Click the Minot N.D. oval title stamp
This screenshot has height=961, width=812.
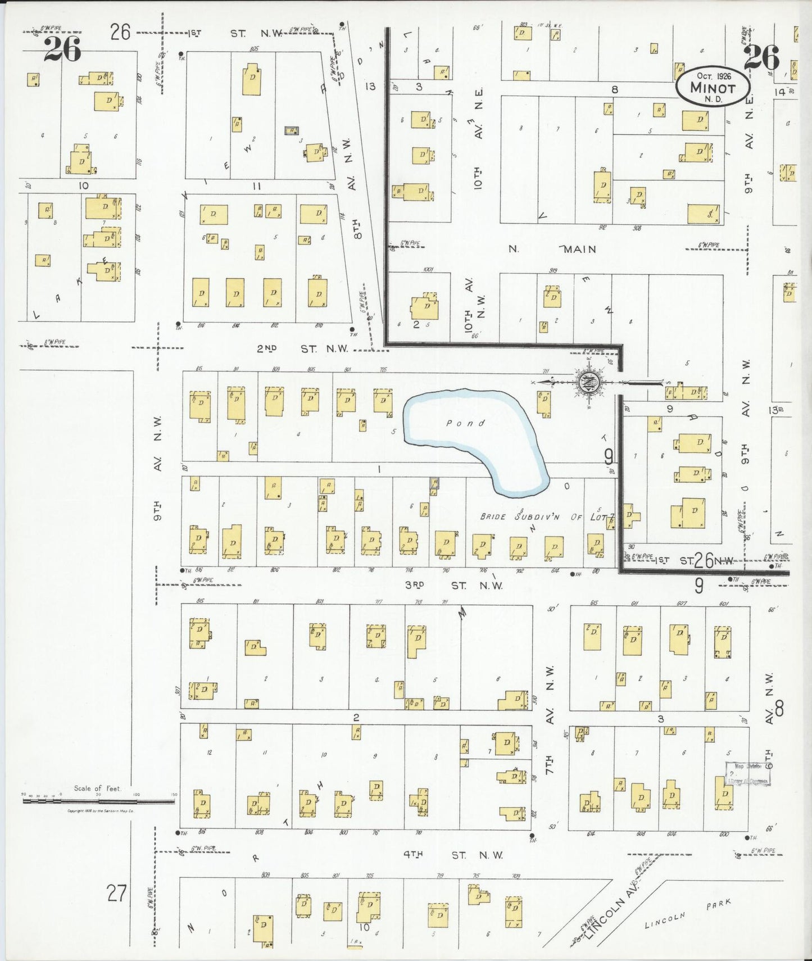(x=712, y=87)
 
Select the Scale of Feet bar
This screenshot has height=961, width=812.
(x=98, y=800)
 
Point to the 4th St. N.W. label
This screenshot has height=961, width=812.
(x=453, y=855)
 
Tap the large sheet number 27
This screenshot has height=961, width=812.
(x=116, y=892)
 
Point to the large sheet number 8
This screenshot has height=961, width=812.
(x=779, y=709)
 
